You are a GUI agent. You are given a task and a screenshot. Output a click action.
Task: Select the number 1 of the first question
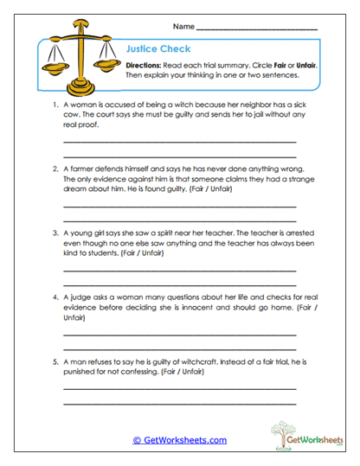(x=54, y=105)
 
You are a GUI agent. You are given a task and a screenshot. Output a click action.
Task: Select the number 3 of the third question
(x=54, y=233)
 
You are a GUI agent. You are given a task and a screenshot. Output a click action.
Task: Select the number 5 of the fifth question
(x=54, y=361)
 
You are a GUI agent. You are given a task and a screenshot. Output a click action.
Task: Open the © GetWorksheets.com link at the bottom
(x=179, y=440)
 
